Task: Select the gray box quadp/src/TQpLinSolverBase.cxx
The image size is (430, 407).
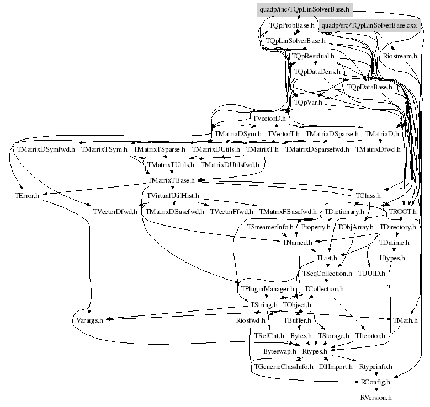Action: pyautogui.click(x=369, y=25)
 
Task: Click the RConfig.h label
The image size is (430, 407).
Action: pyautogui.click(x=375, y=382)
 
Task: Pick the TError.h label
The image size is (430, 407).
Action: pyautogui.click(x=27, y=195)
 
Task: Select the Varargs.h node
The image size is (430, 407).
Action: pyautogui.click(x=88, y=320)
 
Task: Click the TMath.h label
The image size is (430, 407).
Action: pyautogui.click(x=405, y=320)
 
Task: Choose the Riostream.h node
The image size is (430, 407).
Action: pyautogui.click(x=400, y=56)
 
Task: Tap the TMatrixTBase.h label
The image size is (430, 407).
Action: pyautogui.click(x=173, y=180)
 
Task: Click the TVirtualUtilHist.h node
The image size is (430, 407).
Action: pyautogui.click(x=173, y=195)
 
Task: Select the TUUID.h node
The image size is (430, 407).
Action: pyautogui.click(x=371, y=273)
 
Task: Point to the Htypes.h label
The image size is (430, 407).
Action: pyautogui.click(x=392, y=258)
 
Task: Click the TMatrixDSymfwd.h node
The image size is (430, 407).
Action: pyautogui.click(x=46, y=149)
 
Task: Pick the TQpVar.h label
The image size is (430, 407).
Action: pyautogui.click(x=308, y=102)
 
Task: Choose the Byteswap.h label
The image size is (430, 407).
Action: pyautogui.click(x=280, y=351)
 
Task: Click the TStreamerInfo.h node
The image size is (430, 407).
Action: pyautogui.click(x=270, y=227)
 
